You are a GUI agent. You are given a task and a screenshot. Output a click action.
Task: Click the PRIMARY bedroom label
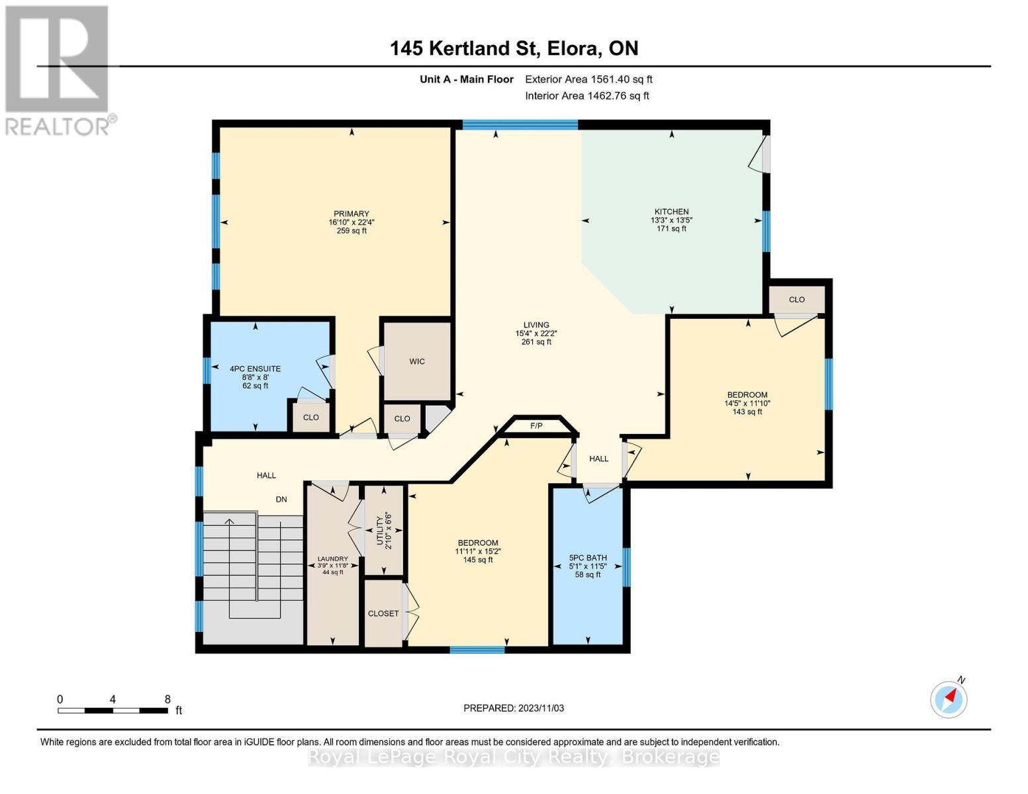(x=351, y=214)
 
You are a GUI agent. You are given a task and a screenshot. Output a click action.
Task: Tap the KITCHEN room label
(x=671, y=212)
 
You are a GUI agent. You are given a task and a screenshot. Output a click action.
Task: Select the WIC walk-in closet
(x=417, y=361)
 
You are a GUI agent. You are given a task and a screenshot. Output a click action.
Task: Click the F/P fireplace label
(x=536, y=425)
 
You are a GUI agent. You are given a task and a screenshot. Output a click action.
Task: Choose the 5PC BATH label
(x=588, y=558)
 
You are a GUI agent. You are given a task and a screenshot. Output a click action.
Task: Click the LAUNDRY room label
(x=332, y=559)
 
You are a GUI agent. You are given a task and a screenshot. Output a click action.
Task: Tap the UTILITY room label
(x=380, y=529)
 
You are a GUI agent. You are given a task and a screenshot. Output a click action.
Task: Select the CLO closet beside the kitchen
(x=796, y=300)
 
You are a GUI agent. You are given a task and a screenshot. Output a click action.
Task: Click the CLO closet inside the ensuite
(x=310, y=418)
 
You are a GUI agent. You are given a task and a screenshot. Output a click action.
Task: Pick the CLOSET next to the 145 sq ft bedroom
(x=383, y=613)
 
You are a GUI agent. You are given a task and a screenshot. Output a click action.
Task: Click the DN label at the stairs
(x=281, y=500)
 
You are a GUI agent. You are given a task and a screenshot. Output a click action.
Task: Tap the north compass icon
(x=949, y=699)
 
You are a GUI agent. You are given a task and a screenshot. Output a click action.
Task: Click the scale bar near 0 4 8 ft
(x=113, y=711)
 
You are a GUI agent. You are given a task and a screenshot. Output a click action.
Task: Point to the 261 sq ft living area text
(x=536, y=342)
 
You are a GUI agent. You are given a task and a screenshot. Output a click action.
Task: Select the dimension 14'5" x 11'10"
(x=748, y=403)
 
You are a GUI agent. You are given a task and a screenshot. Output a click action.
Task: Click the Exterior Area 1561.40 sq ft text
(x=588, y=79)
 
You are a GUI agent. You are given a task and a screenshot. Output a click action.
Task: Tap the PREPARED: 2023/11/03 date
(x=514, y=708)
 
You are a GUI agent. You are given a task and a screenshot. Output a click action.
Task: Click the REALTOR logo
(x=58, y=69)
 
